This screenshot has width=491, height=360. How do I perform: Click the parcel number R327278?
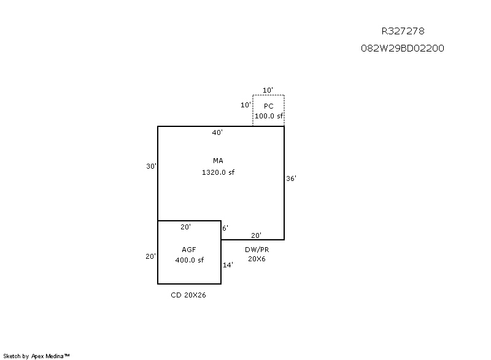tap(403, 31)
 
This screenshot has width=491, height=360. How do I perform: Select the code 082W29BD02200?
tap(403, 48)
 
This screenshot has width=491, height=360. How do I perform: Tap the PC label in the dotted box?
tap(268, 106)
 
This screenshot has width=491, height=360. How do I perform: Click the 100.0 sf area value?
tap(268, 115)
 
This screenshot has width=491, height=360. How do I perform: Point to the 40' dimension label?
tap(217, 132)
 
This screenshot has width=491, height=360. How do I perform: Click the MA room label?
tap(218, 161)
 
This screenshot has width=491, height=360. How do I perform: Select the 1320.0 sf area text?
tap(218, 172)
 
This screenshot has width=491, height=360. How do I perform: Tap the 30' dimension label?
tap(151, 166)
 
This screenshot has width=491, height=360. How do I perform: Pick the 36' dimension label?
tap(292, 178)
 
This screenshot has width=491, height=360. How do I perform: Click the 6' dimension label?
tap(225, 228)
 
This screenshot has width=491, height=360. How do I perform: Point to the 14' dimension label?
tap(227, 264)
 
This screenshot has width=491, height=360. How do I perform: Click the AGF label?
tap(189, 250)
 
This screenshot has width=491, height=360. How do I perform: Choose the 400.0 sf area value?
tap(189, 260)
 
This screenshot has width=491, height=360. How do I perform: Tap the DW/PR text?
tap(257, 249)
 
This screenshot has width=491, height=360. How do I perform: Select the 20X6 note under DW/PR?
tap(257, 259)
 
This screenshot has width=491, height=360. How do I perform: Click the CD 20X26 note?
tap(188, 295)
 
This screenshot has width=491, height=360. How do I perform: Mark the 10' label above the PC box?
tap(268, 90)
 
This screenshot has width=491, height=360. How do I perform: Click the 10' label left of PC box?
tap(245, 105)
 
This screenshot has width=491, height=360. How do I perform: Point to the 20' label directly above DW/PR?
tap(257, 236)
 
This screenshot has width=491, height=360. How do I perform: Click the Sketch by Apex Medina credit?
tap(36, 355)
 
